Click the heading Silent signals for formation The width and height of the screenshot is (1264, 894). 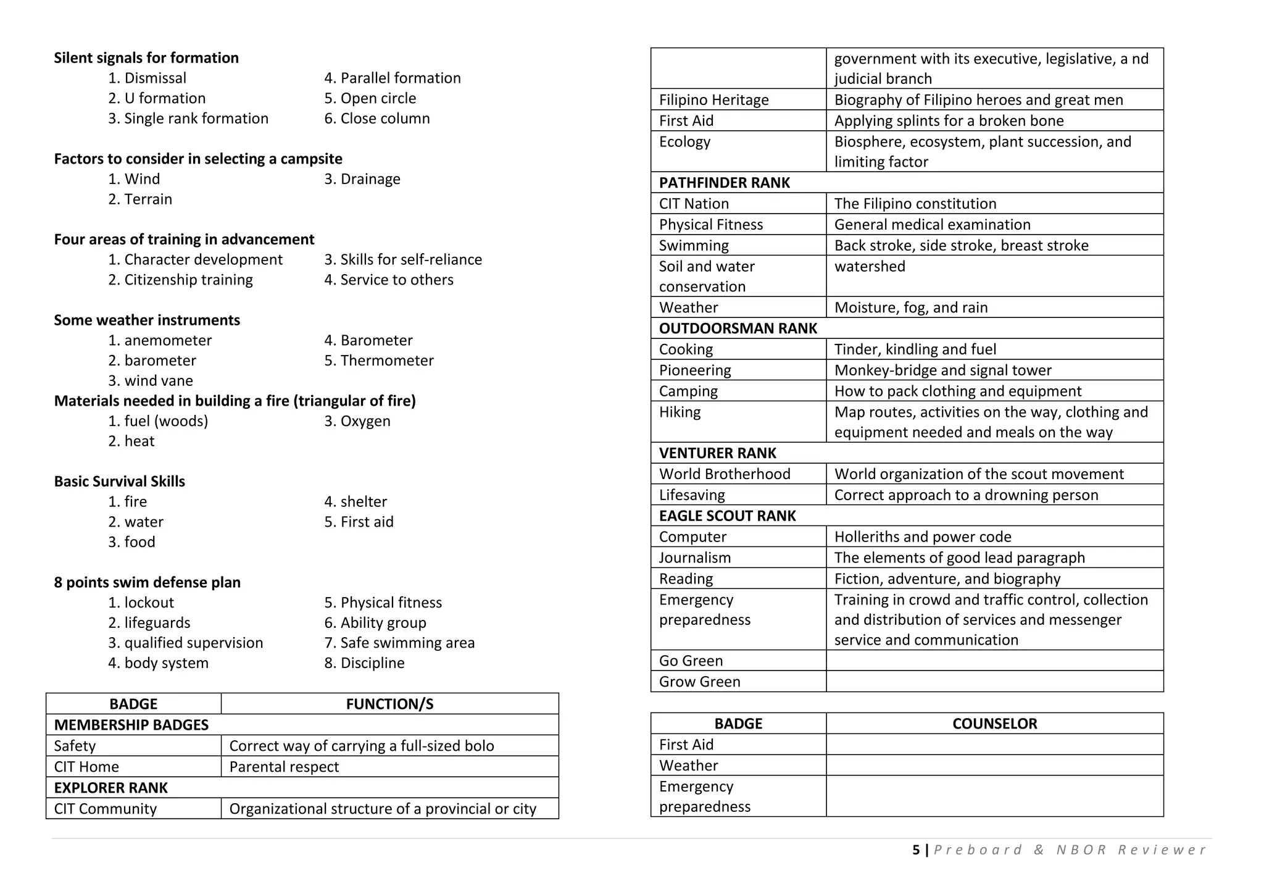point(146,58)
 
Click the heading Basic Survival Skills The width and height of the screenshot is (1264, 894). point(119,482)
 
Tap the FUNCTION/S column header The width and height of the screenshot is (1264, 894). point(389,704)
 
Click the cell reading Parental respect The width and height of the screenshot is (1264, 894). point(284,767)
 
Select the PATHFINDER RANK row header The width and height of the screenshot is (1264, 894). point(725,183)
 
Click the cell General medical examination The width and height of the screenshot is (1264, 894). point(932,225)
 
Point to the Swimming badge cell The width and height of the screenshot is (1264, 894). point(694,246)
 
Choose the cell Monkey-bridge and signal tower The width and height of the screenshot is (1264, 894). point(942,370)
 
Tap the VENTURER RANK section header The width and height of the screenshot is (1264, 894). point(717,453)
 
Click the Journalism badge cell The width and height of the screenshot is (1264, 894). point(695,558)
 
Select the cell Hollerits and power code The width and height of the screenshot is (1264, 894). point(923,537)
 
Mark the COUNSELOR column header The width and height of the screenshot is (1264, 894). point(994,724)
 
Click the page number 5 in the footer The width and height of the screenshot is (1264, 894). point(916,850)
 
